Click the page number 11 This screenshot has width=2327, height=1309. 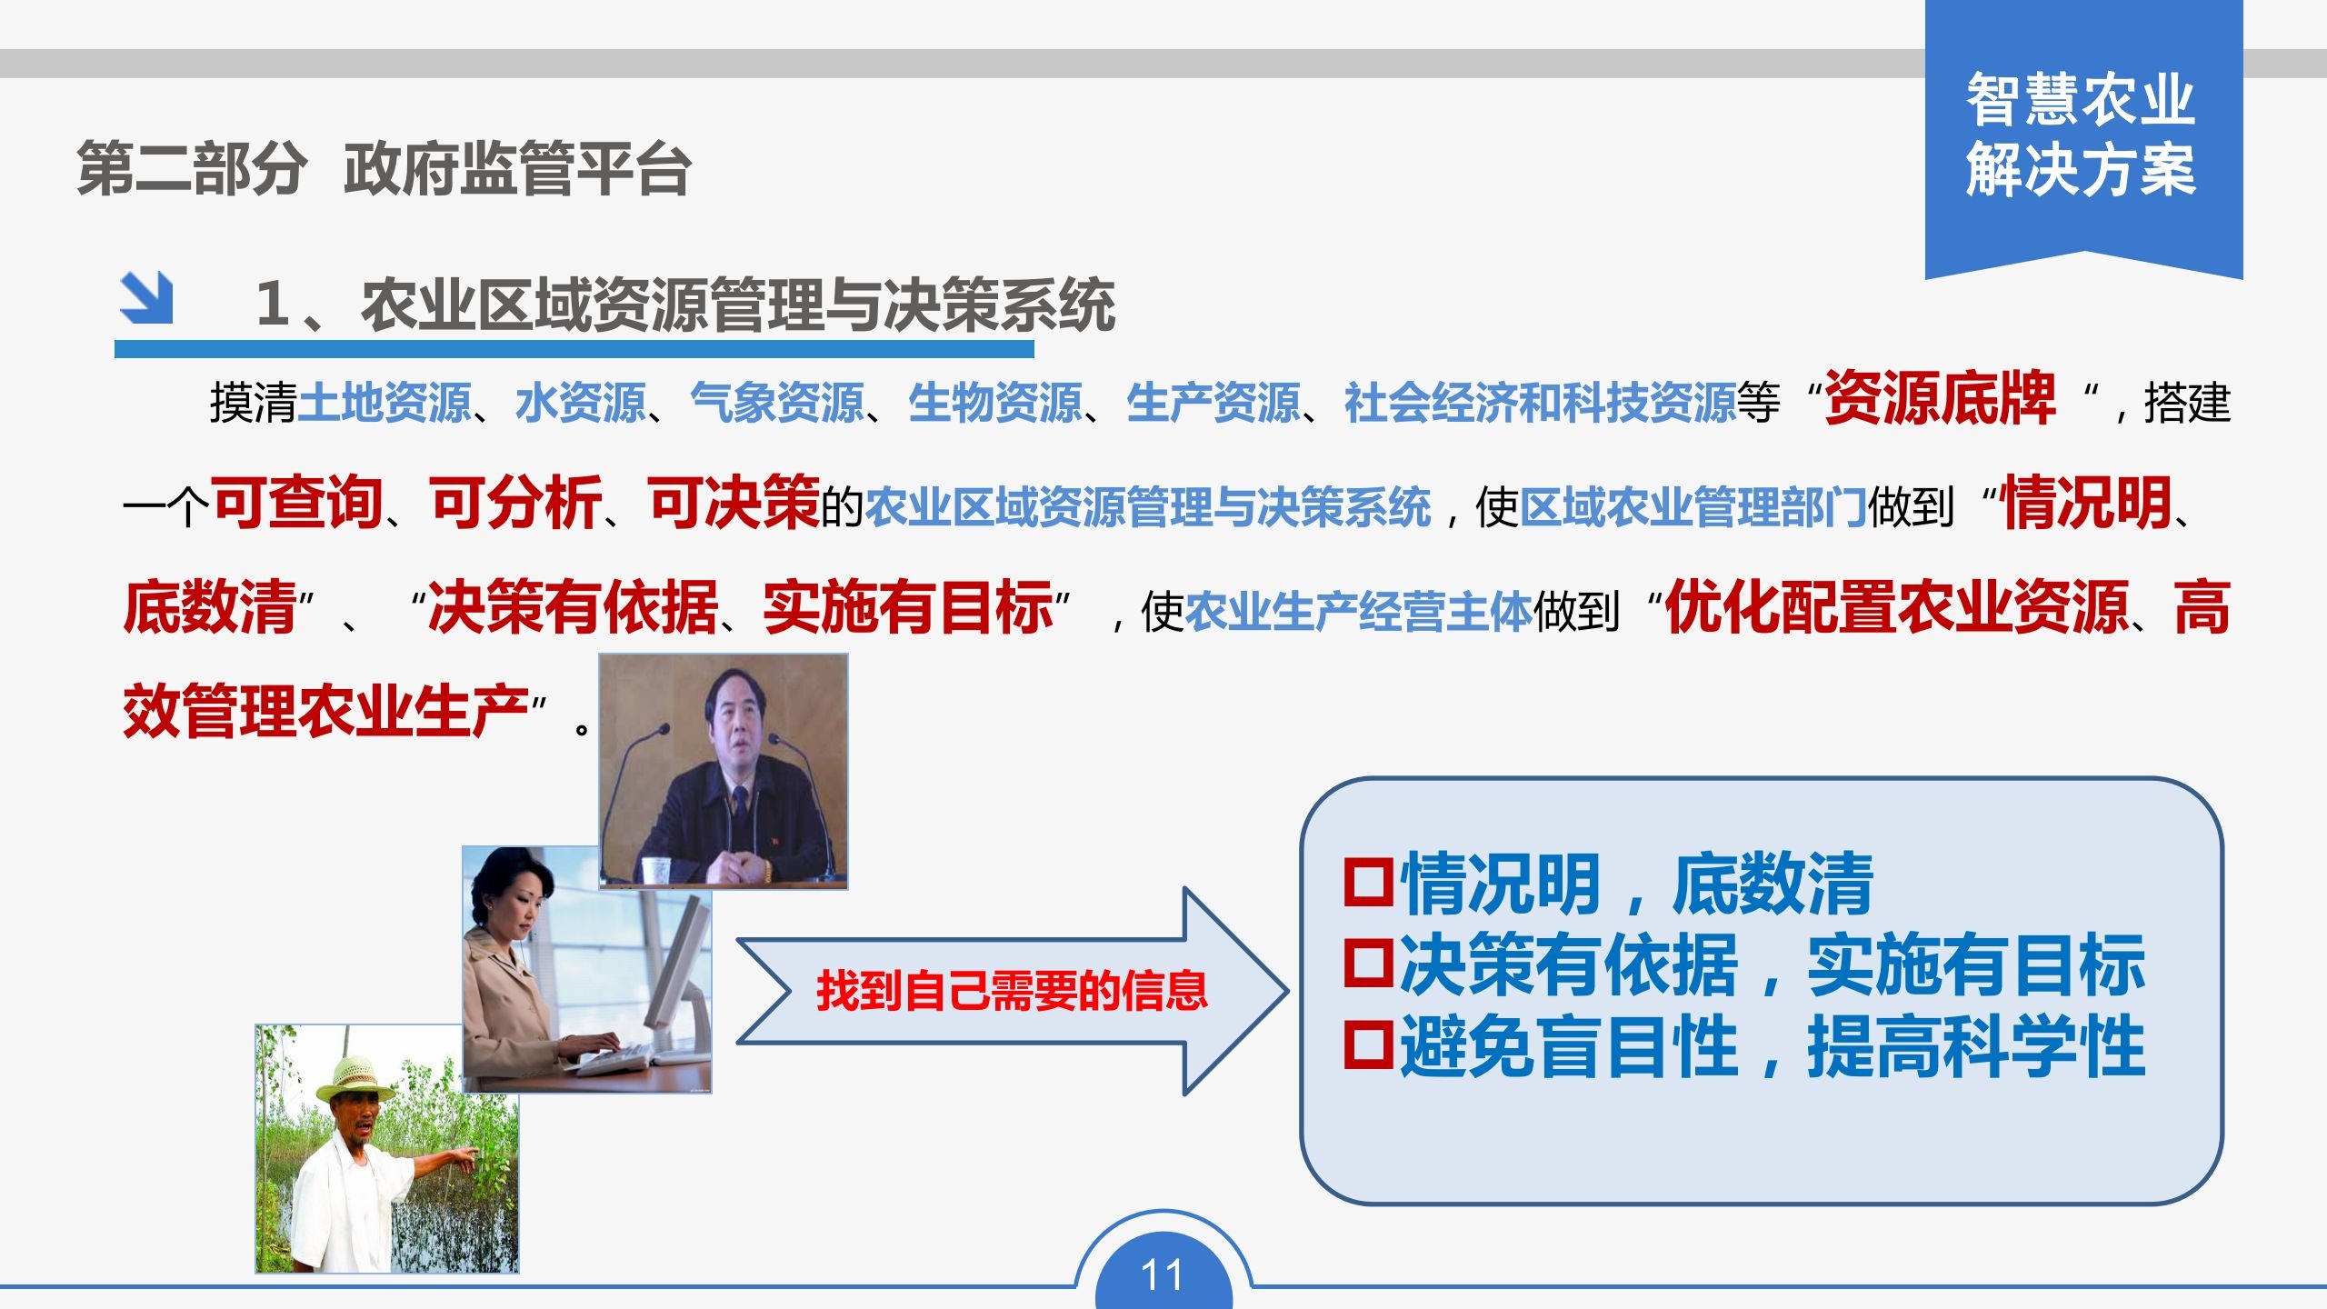[x=1162, y=1275]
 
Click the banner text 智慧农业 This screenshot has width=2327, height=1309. [x=2081, y=100]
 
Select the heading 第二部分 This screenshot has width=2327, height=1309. [x=192, y=169]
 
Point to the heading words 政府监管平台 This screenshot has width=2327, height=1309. [x=517, y=169]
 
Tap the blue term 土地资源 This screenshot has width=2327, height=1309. [x=384, y=403]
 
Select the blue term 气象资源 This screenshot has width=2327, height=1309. [x=776, y=403]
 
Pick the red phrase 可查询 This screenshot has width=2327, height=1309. [x=297, y=503]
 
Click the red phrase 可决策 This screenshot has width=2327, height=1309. [x=734, y=503]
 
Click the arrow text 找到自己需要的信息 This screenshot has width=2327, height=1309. [x=1012, y=991]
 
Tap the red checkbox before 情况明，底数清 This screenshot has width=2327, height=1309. [x=1368, y=883]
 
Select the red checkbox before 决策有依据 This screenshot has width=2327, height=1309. [x=1368, y=963]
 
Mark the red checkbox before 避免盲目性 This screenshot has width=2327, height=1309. [x=1368, y=1044]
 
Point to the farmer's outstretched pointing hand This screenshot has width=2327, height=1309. [x=463, y=1155]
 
